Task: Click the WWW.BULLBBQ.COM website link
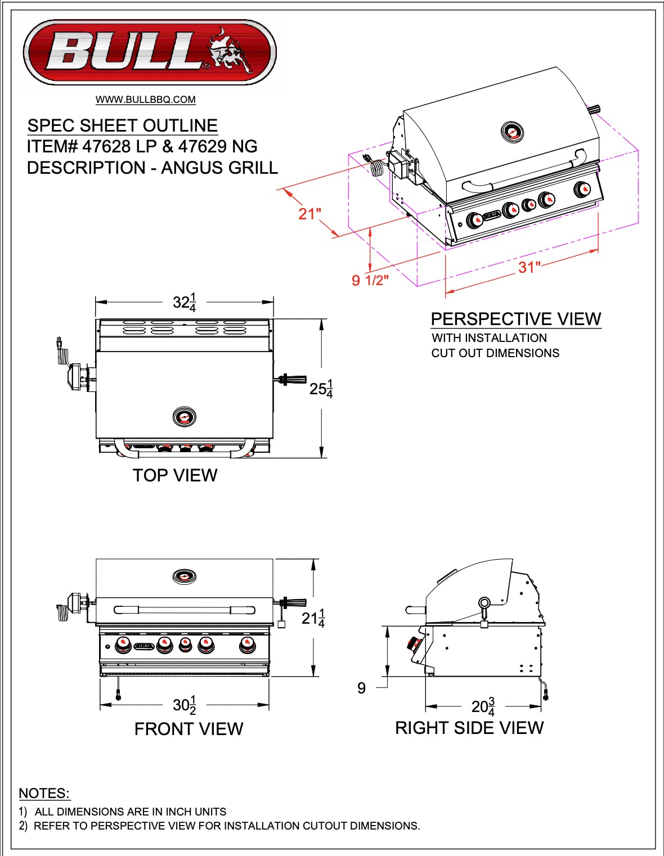(x=145, y=100)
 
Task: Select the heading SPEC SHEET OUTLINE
(x=122, y=125)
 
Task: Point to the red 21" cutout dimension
(x=309, y=214)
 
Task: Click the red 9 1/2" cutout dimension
(x=370, y=280)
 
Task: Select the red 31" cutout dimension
(x=529, y=267)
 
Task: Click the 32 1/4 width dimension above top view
(x=185, y=303)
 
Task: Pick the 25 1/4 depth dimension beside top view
(x=321, y=389)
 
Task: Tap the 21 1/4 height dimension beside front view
(x=313, y=618)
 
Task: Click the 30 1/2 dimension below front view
(x=185, y=705)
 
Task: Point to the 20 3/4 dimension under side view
(x=483, y=706)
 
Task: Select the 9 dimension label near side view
(x=361, y=688)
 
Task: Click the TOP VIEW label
(x=175, y=475)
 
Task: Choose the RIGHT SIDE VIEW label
(x=469, y=728)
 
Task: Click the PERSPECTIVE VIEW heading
(x=515, y=319)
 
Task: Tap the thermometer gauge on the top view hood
(x=184, y=417)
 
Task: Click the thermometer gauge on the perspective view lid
(x=512, y=132)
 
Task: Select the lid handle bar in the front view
(x=184, y=610)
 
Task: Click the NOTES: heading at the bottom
(x=44, y=793)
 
